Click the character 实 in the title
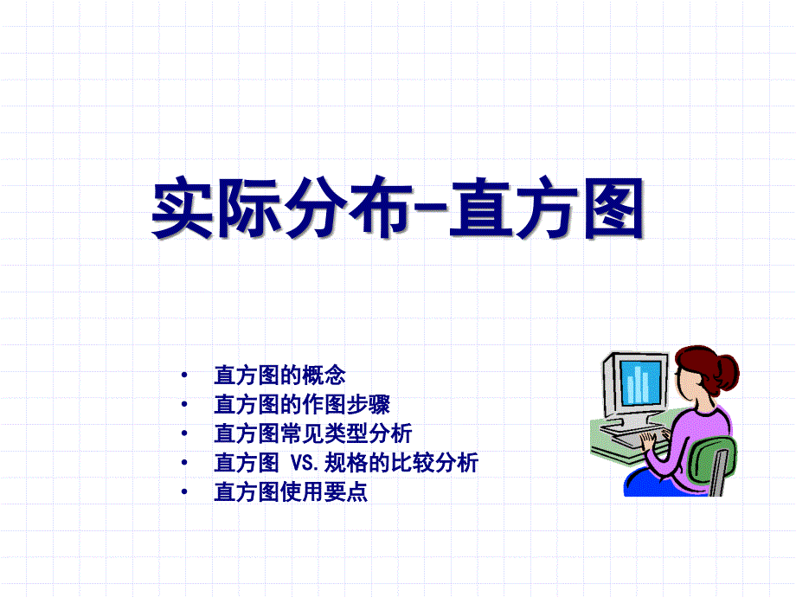coord(183,207)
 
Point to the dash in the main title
coord(431,207)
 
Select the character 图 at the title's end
coord(613,209)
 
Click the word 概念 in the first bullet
coord(324,376)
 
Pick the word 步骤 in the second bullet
coord(368,405)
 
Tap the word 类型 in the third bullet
coord(346,433)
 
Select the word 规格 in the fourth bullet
coord(346,463)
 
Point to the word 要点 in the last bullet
coord(346,491)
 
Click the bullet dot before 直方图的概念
coord(184,376)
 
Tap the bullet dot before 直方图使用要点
coord(184,491)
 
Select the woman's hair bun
coord(727,372)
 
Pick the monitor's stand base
coord(628,426)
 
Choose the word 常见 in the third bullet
coord(302,433)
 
